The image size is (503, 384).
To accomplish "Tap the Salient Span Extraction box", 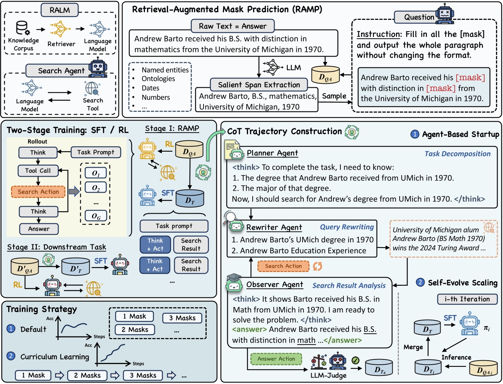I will pos(259,85).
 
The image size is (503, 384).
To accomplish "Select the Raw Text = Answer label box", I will pos(232,26).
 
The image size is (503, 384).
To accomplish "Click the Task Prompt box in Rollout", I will pos(96,152).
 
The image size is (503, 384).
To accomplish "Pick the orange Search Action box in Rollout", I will pos(38,191).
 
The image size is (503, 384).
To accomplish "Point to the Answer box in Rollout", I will pos(39,229).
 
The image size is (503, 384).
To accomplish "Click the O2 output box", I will pos(96,188).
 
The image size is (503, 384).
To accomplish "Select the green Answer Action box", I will pos(276,359).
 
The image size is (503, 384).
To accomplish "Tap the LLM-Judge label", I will pos(328,375).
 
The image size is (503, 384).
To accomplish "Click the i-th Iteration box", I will pos(467,299).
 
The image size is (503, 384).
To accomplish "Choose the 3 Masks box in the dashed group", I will pos(182,318).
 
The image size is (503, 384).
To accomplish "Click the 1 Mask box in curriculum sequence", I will pos(33,375).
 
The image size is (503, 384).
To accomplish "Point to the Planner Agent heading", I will pos(272,153).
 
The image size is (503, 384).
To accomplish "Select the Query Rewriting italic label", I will pos(347,227).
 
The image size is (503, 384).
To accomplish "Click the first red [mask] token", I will pos(470,78).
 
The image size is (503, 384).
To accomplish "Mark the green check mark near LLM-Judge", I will pos(355,361).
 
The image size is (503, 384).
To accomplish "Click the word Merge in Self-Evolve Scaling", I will pos(413,347).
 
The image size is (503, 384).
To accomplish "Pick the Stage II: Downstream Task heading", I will pos(57,247).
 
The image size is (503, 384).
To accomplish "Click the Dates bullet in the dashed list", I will pos(151,88).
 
